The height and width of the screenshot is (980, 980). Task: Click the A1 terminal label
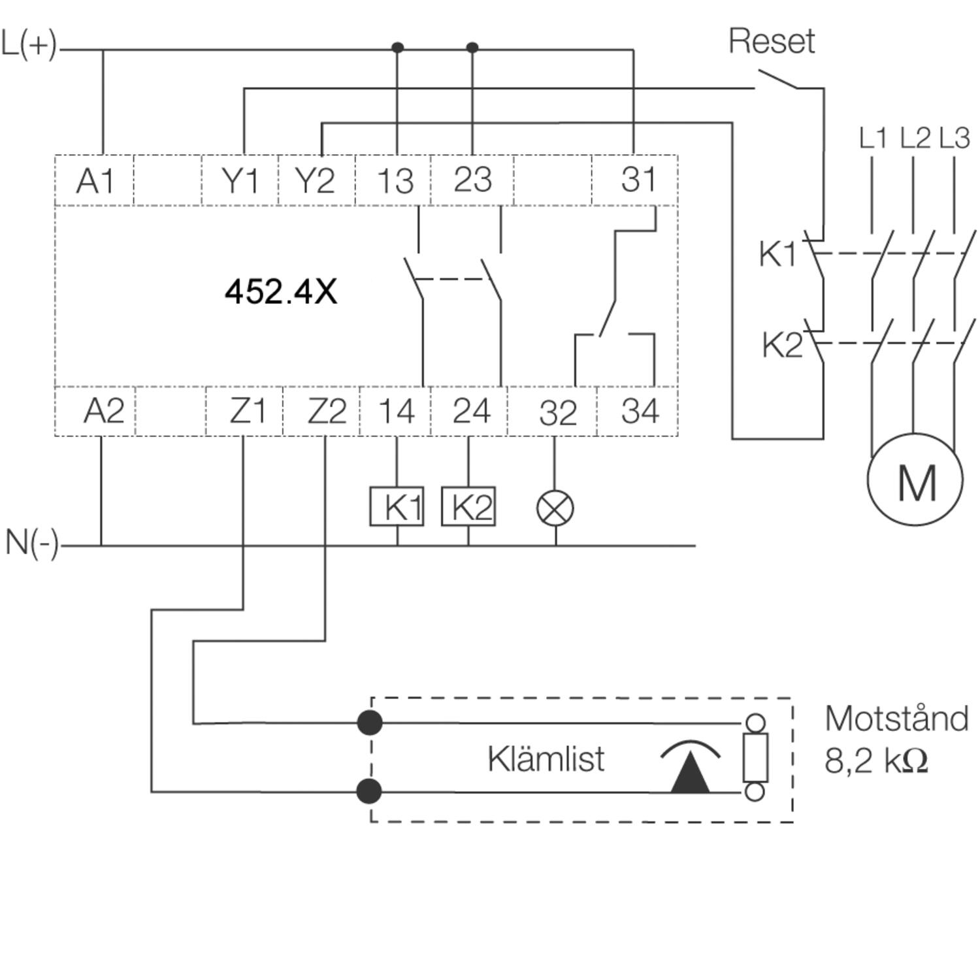[95, 181]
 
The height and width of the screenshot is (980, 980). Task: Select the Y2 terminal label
[315, 181]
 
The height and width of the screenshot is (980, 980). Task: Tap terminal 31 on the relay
[638, 180]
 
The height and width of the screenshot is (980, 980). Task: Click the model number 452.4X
[281, 292]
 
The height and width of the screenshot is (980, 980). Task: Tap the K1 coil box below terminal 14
[397, 506]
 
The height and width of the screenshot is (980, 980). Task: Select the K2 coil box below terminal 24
[468, 506]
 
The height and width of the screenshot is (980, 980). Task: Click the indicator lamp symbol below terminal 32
[555, 508]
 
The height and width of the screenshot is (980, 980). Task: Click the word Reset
[772, 42]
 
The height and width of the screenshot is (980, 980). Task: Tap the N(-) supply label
[31, 542]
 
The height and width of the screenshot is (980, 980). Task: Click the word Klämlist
[546, 759]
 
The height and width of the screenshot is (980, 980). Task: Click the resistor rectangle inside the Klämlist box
[755, 757]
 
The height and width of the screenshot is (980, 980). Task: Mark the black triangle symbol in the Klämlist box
[690, 774]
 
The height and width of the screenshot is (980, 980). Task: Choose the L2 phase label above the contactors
[914, 139]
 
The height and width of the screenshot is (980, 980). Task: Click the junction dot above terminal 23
[472, 48]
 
